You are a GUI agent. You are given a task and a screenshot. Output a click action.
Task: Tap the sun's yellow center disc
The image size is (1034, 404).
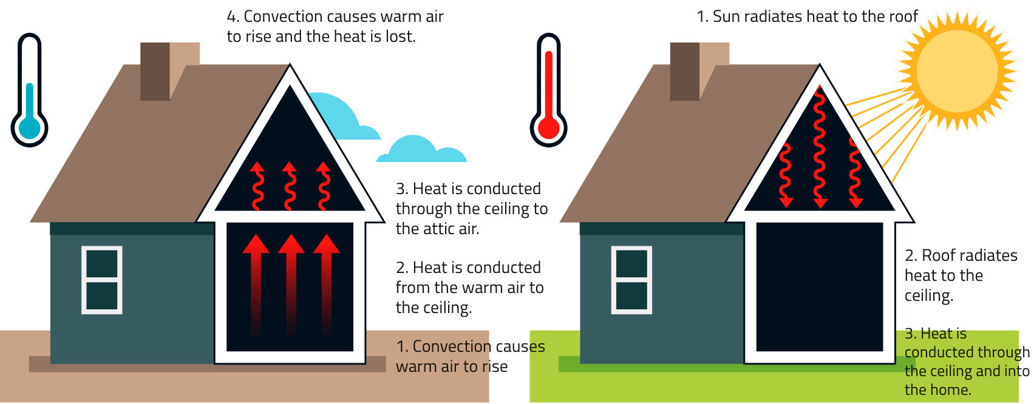957,71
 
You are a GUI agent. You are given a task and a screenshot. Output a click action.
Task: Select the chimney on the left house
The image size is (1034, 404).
169,71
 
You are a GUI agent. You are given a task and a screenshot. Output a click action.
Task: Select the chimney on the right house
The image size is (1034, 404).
699,71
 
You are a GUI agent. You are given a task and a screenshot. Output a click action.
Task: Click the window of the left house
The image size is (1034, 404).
102,280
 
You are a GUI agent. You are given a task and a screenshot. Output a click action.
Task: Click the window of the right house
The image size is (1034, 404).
631,280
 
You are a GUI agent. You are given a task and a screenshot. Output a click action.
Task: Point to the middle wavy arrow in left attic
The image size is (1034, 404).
290,186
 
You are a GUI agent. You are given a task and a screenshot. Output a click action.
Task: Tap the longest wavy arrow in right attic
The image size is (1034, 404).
820,147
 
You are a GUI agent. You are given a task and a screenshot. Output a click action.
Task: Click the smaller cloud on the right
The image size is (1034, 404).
421,149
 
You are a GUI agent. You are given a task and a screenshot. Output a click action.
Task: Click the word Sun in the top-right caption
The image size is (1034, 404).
727,16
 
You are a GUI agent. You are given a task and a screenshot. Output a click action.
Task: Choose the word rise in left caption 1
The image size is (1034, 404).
494,366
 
